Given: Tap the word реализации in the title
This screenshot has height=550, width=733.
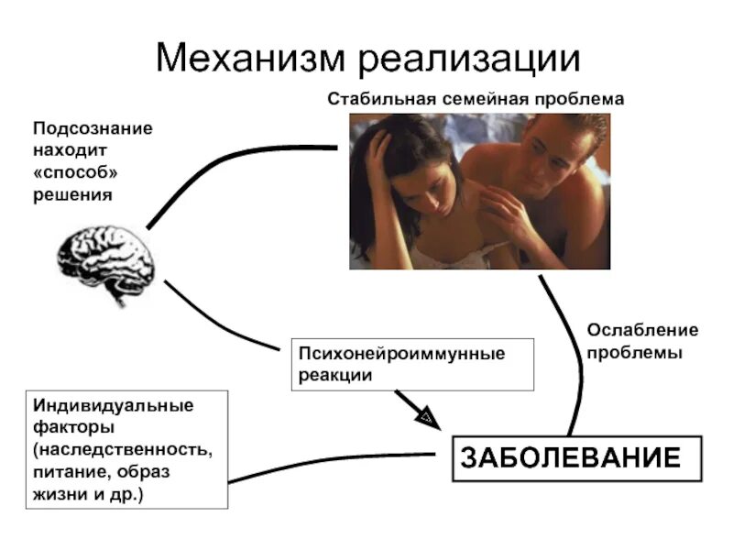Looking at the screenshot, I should tap(468, 60).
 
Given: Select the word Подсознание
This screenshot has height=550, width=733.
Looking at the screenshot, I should tap(93, 128).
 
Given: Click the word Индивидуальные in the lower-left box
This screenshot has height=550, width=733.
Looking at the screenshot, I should tap(114, 405).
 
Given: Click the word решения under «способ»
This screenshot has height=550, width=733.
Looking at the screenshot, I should tap(72, 194).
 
